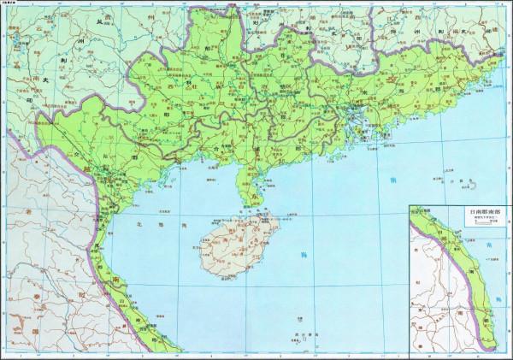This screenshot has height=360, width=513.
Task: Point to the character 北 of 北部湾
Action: pos(139,224)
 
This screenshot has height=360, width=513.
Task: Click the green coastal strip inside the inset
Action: pos(469,282)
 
